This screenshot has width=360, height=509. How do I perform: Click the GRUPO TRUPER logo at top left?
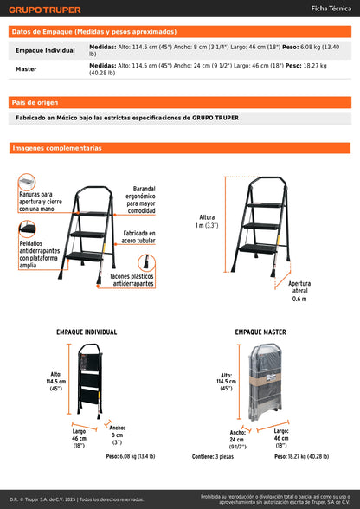tap(45, 10)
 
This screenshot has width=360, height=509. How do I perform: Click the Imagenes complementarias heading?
tap(57, 148)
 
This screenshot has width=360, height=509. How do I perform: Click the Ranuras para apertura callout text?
tap(36, 202)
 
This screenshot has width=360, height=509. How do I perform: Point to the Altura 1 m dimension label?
tap(206, 221)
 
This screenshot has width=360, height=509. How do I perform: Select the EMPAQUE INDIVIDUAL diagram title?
tap(87, 332)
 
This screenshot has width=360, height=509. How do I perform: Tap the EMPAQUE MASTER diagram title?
tap(260, 332)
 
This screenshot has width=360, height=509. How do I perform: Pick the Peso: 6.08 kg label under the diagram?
tap(131, 454)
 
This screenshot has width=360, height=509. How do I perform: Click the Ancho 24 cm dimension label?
tap(238, 437)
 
